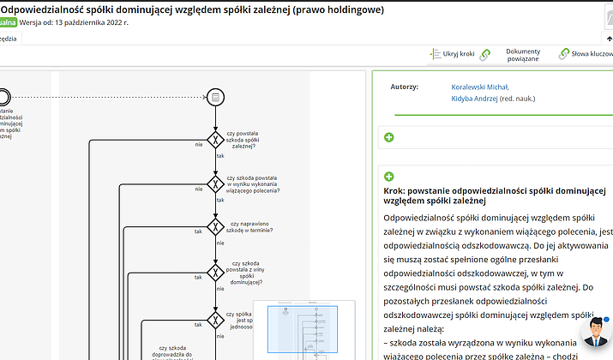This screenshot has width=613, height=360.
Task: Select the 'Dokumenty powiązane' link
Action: pyautogui.click(x=522, y=55)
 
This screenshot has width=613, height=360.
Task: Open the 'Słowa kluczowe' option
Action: pyautogui.click(x=592, y=54)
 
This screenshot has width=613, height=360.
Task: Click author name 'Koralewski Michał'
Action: pyautogui.click(x=480, y=87)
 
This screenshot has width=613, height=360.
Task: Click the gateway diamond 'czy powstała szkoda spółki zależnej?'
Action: pyautogui.click(x=215, y=141)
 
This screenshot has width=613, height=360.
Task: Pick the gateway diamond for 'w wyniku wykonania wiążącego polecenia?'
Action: pyautogui.click(x=215, y=183)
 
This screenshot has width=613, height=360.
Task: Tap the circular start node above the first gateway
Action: pyautogui.click(x=215, y=96)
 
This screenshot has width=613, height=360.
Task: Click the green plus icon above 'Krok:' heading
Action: pyautogui.click(x=389, y=177)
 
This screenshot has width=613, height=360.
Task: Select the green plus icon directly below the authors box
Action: pyautogui.click(x=389, y=137)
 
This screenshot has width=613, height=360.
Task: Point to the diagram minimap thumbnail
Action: pyautogui.click(x=304, y=330)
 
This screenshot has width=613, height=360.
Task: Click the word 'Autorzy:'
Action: pyautogui.click(x=404, y=87)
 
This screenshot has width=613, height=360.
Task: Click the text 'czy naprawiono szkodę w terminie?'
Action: pyautogui.click(x=250, y=227)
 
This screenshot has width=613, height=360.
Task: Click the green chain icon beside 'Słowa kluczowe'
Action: pyautogui.click(x=564, y=54)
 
